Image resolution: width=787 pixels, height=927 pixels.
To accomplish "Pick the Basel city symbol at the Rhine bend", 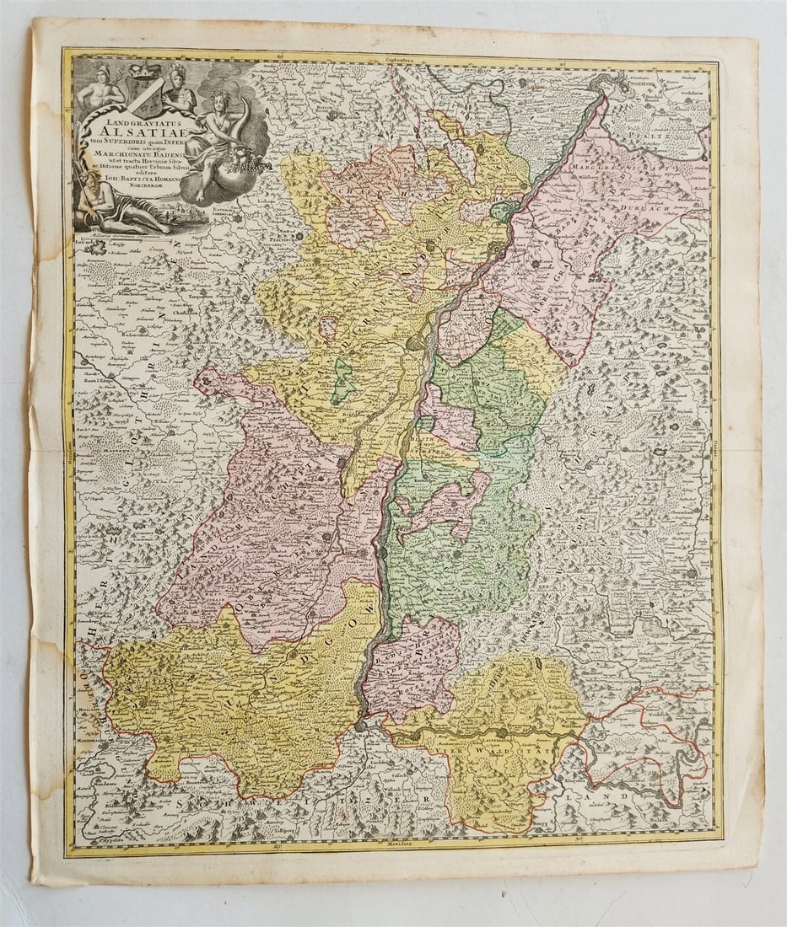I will [361, 723].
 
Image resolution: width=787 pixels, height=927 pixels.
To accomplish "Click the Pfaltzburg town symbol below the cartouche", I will [221, 238].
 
